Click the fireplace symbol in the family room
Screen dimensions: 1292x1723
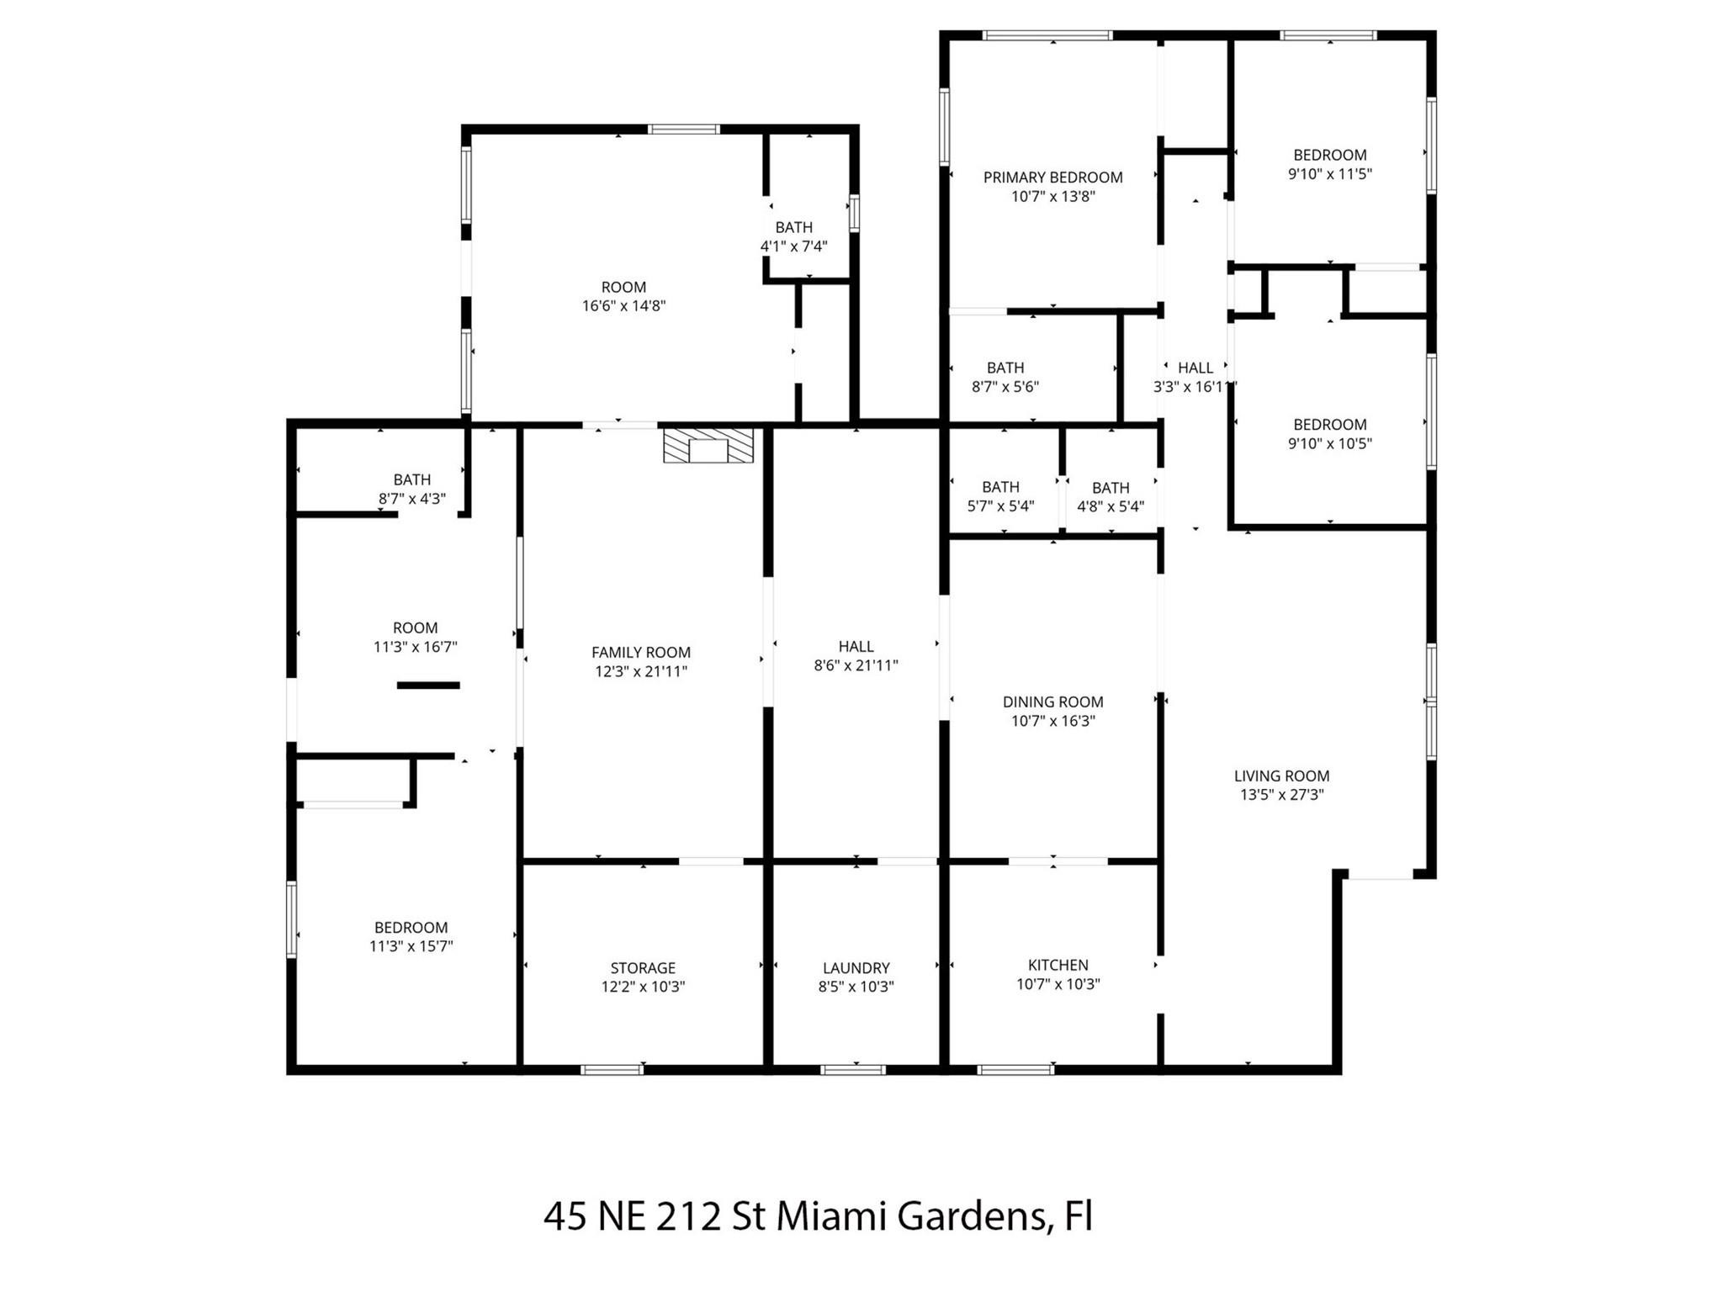coord(708,446)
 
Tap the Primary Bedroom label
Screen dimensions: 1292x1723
coord(1052,177)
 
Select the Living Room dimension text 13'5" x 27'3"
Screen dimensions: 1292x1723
coord(1281,795)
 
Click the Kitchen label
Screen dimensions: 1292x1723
coord(1058,965)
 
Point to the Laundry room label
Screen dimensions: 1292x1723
coord(856,968)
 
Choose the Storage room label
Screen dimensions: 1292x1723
coord(643,968)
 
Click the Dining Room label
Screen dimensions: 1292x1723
coord(1052,702)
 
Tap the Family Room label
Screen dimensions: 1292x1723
coord(640,652)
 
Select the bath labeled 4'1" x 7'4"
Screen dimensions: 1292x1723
coord(793,236)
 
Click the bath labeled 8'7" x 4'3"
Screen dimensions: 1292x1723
coord(411,489)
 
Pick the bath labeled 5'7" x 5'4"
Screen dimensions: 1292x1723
coord(1000,496)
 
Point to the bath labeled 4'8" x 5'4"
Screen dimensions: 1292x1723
coord(1111,497)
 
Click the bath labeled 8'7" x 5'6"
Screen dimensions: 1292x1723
coord(1005,377)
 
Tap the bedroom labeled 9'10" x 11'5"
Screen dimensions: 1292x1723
coord(1329,164)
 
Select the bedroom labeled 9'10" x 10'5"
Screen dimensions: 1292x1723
coord(1329,434)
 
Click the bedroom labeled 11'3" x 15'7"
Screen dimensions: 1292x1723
coord(411,937)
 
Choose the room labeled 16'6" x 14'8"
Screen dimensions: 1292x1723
coord(623,296)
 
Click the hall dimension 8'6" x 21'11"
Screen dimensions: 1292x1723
coord(856,666)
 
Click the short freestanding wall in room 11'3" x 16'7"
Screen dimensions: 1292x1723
coord(428,686)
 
